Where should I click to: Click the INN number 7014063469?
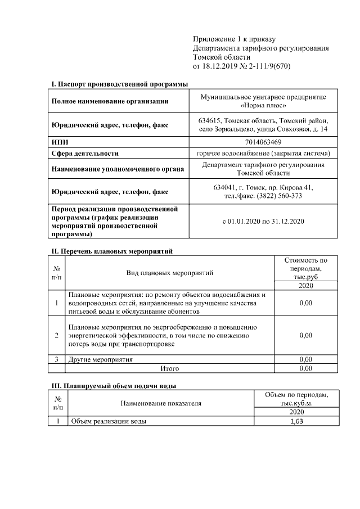(x=264, y=142)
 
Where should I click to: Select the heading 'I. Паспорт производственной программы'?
(x=120, y=84)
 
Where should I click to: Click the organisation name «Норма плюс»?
(x=263, y=106)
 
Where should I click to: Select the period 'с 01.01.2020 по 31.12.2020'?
(x=263, y=222)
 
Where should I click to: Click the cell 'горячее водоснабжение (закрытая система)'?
(x=263, y=153)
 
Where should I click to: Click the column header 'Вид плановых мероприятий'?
(x=169, y=273)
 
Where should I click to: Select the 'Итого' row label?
(x=169, y=368)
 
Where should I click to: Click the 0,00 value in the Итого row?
(x=306, y=368)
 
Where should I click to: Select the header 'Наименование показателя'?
(x=160, y=403)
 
